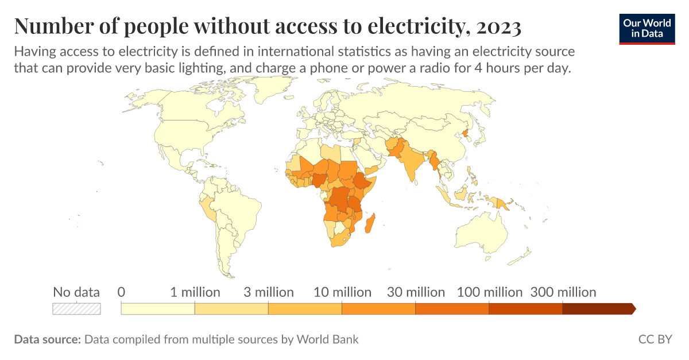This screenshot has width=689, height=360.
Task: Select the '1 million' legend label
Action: coord(195,292)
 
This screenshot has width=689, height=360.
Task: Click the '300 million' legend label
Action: coord(563,292)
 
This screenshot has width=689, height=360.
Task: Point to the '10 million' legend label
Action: coord(342,292)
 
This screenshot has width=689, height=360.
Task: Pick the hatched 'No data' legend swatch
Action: coord(76,308)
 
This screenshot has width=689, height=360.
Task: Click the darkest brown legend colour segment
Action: coord(597,308)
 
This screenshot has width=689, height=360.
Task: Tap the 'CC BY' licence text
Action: coord(655,339)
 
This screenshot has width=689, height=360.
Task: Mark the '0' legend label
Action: coord(121,292)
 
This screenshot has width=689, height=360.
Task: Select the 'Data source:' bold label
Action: coord(47,339)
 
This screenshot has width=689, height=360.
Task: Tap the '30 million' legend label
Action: coord(416,292)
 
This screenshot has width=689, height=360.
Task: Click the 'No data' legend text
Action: coord(76,292)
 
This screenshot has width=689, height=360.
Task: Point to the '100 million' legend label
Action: coord(489,292)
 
